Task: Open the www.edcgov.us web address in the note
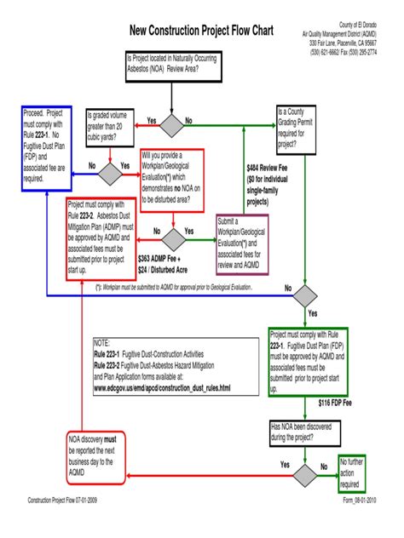point(162,388)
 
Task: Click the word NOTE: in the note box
point(103,341)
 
